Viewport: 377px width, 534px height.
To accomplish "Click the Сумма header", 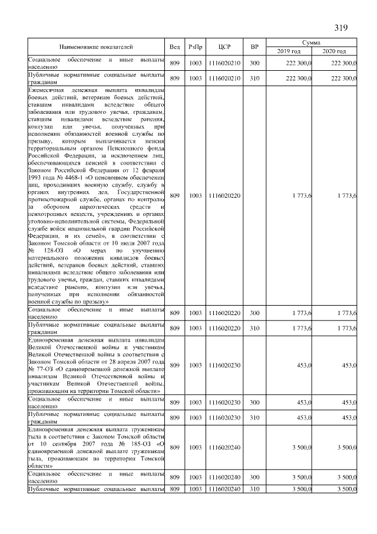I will click(x=311, y=42).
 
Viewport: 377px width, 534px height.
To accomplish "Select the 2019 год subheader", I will click(x=289, y=51).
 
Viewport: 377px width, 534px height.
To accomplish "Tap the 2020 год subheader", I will click(x=334, y=51).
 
